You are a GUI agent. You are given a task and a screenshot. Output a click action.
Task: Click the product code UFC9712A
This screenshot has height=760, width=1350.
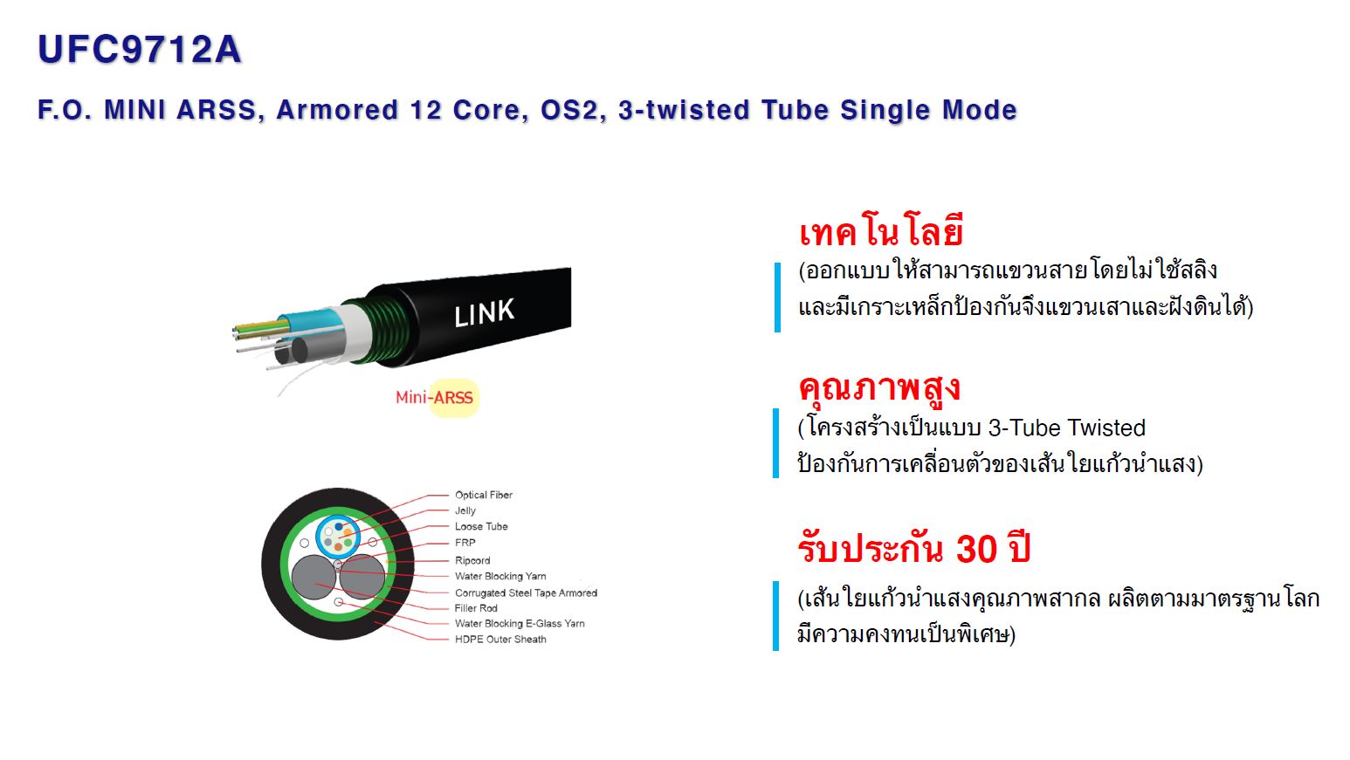(139, 50)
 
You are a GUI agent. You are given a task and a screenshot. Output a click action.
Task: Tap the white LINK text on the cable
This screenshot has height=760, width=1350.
(485, 312)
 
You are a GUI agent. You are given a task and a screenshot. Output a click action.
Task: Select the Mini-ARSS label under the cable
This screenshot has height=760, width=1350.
(434, 398)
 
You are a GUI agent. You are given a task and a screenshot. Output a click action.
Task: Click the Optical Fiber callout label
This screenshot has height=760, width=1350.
(484, 495)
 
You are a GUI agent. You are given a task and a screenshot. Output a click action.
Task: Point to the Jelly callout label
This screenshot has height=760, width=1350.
(465, 510)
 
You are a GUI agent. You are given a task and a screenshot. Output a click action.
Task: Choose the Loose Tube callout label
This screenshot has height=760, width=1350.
(481, 526)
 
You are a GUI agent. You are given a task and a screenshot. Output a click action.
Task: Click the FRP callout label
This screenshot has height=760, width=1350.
(465, 543)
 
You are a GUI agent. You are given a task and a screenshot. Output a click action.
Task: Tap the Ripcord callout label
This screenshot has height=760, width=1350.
(472, 561)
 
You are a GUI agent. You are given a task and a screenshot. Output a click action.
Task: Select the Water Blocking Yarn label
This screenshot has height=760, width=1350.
(500, 576)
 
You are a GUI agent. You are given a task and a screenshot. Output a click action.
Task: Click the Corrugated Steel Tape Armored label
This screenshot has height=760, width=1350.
(526, 593)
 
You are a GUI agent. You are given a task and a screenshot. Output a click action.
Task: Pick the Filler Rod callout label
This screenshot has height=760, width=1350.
(476, 608)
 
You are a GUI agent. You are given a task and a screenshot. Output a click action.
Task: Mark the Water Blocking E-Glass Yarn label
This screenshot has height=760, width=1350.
(520, 624)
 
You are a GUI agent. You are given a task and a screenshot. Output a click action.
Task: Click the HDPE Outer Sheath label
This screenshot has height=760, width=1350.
(500, 640)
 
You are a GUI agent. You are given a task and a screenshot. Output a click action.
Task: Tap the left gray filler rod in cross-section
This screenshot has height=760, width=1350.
(313, 577)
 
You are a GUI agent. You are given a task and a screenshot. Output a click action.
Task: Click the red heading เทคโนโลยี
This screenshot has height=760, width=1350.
(880, 231)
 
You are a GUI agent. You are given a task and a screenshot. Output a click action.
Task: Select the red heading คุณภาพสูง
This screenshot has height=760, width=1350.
(878, 388)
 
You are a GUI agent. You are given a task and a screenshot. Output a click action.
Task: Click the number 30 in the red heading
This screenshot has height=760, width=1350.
(976, 549)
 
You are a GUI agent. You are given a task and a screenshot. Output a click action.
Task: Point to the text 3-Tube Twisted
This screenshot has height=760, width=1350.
(1067, 428)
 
